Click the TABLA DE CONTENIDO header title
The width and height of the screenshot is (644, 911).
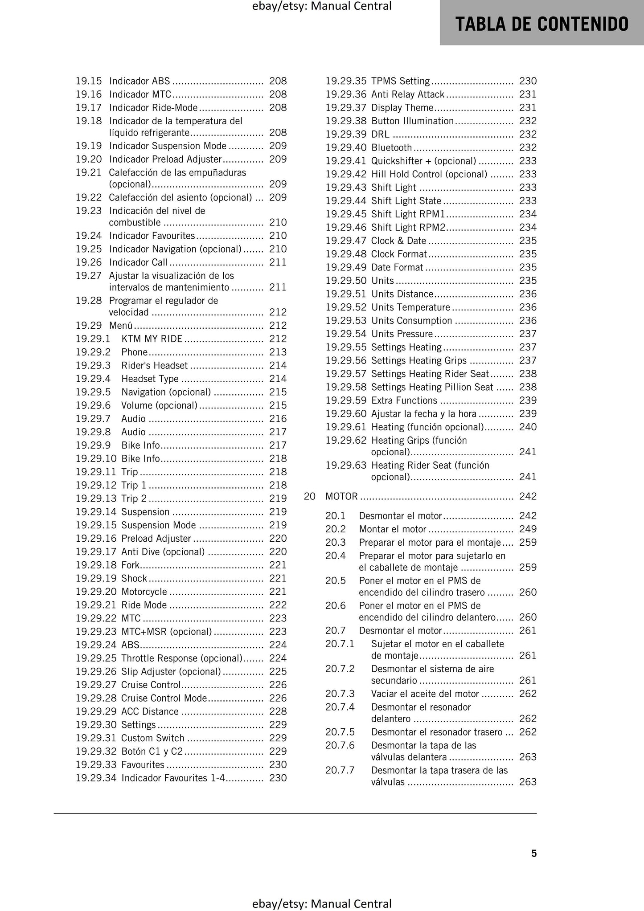pyautogui.click(x=541, y=24)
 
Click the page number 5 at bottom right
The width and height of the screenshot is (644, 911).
pyautogui.click(x=533, y=853)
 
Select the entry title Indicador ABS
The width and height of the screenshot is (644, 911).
pyautogui.click(x=139, y=81)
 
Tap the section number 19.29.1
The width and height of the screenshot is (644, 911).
pyautogui.click(x=93, y=339)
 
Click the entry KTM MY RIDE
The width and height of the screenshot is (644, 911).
pyautogui.click(x=152, y=339)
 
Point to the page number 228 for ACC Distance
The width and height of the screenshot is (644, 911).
pyautogui.click(x=278, y=711)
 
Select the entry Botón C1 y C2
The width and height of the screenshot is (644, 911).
pyautogui.click(x=152, y=751)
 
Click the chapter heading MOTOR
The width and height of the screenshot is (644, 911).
pyautogui.click(x=341, y=496)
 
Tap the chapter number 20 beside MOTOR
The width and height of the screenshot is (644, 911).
pyautogui.click(x=309, y=496)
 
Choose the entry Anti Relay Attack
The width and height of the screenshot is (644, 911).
pyautogui.click(x=407, y=94)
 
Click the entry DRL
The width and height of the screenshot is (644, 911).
pyautogui.click(x=380, y=134)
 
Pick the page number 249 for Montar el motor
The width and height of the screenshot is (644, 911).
pyautogui.click(x=528, y=529)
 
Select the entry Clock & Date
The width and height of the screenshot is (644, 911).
pyautogui.click(x=398, y=241)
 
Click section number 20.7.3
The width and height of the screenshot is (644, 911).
pyautogui.click(x=340, y=694)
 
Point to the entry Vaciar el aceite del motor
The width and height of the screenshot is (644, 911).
pyautogui.click(x=425, y=694)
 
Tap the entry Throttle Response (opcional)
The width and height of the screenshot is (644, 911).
pyautogui.click(x=181, y=658)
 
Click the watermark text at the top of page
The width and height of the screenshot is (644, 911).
pyautogui.click(x=321, y=6)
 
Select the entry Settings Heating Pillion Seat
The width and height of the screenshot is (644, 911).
pyautogui.click(x=432, y=387)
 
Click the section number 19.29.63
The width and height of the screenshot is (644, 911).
pyautogui.click(x=345, y=465)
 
